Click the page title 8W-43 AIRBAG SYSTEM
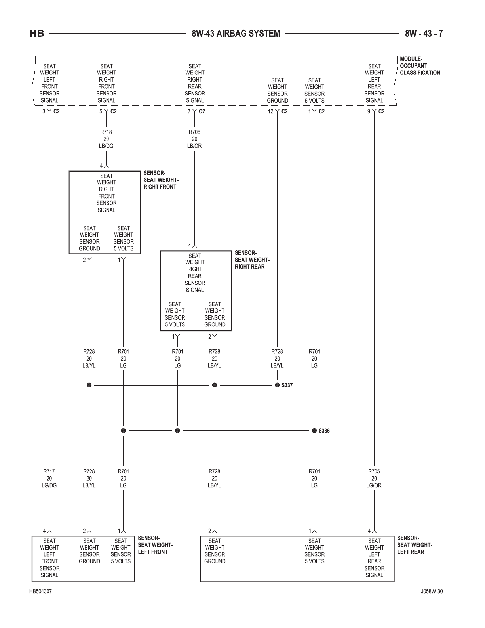236,34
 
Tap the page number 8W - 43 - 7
424,34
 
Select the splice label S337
287,385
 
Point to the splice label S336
324,431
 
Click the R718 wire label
106,132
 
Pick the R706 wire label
194,132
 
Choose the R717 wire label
49,471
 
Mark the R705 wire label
374,471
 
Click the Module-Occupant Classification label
420,66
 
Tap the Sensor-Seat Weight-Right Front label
161,180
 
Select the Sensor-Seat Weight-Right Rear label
252,260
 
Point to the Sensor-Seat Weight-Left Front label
155,545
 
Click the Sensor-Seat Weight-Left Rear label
415,545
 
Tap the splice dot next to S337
277,385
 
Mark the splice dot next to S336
314,431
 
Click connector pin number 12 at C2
270,111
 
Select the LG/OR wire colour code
374,485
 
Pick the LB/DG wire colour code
106,146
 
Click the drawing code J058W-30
432,591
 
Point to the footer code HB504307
40,591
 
